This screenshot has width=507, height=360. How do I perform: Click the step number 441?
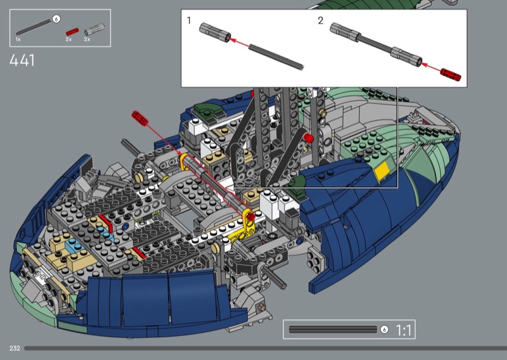click(22, 60)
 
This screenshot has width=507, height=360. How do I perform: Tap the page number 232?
click(15, 349)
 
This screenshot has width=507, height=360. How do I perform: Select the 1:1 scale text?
click(404, 330)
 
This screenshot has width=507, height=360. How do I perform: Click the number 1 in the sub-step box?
click(189, 20)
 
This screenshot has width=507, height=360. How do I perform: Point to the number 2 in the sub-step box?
click(321, 21)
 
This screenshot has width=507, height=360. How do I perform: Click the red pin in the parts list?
click(72, 32)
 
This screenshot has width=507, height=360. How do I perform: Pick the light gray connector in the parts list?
click(94, 29)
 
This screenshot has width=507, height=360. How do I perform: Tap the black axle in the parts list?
click(34, 27)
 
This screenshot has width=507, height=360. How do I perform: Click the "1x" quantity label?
click(18, 39)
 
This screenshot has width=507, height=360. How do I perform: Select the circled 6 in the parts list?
click(56, 19)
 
